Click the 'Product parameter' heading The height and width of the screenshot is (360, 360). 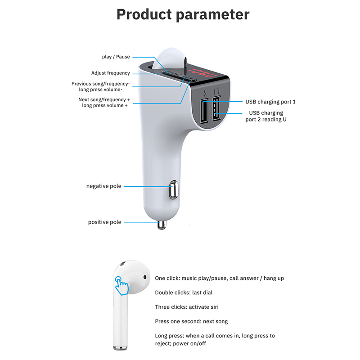pos(183,15)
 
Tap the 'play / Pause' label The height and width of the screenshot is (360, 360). pos(116,57)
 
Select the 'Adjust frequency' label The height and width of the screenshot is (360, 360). pos(110,73)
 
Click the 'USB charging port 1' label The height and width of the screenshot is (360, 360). pos(270,102)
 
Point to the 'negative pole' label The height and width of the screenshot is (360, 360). pos(104,186)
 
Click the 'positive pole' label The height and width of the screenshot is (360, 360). pos(105,222)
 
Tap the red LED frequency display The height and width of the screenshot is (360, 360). pos(202,73)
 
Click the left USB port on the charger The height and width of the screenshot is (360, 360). pos(203,111)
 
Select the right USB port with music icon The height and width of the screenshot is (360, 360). pos(216,108)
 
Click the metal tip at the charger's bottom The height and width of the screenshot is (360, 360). pos(162,225)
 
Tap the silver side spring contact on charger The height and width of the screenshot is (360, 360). pos(173,189)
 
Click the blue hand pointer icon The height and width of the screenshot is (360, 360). pos(121,286)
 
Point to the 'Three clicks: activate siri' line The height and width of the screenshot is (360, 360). pos(187,307)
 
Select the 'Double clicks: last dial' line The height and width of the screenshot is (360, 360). pos(184,292)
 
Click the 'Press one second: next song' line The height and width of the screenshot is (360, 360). pos(191,321)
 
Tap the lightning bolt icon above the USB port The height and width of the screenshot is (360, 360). pos(204,94)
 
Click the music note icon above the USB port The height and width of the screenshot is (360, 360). pos(216,91)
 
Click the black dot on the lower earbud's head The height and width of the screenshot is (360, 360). pos(145,277)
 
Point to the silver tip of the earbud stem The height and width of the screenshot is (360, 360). pos(120,347)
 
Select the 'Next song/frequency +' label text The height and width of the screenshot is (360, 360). pos(104,99)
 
